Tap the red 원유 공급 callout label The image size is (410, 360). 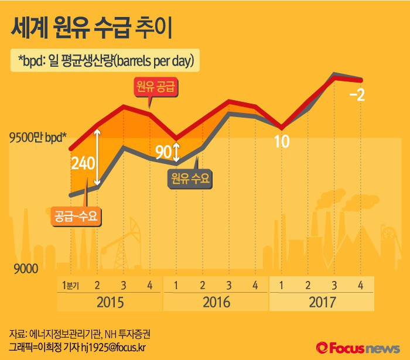pos(155,88)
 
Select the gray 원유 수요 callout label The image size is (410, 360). pos(190,177)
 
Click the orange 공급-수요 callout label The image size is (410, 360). pos(76,215)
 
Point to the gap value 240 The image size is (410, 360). pos(83,163)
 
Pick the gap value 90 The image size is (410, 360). pos(163,153)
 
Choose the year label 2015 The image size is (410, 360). pos(110,303)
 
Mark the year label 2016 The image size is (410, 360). pos(216,303)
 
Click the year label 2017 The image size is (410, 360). pos(321,303)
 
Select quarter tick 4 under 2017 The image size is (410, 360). pos(361,286)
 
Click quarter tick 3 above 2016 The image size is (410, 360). pos(229,286)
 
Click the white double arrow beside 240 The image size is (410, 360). pos(101,159)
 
